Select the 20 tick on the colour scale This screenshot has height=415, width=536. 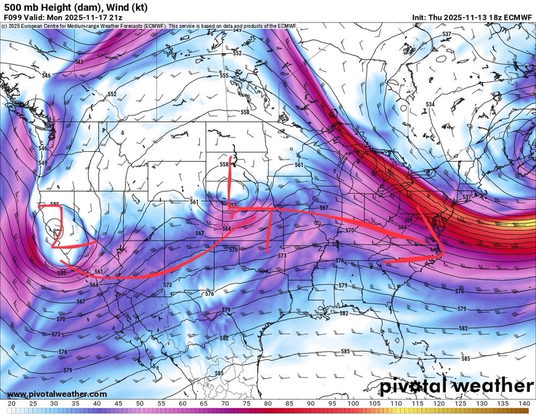(x=11, y=403)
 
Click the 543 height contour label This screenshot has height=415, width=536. (x=79, y=62)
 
